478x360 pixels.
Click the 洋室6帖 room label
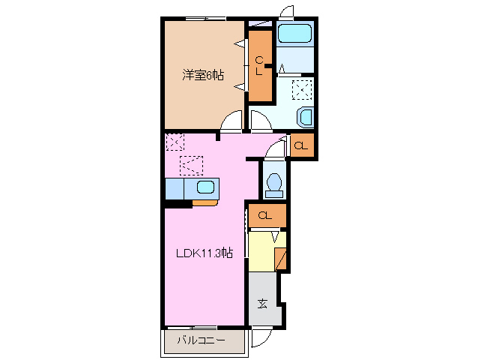[x=203, y=75]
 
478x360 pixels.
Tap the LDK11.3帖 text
[x=204, y=253]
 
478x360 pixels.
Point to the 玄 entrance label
[x=263, y=304]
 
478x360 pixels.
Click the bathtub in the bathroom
[x=294, y=33]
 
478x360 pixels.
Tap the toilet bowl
[x=274, y=182]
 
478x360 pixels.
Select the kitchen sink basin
[x=205, y=187]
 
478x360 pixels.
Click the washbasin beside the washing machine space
[x=306, y=117]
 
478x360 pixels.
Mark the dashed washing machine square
[x=303, y=90]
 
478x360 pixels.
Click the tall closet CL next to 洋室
[x=260, y=66]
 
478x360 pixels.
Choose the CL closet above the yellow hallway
[x=266, y=216]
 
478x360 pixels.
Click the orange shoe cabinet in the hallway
[x=280, y=257]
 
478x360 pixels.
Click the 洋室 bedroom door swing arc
[x=234, y=120]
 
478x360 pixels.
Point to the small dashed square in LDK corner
[x=175, y=142]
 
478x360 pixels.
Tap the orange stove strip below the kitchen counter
[x=205, y=202]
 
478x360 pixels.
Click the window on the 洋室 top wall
[x=205, y=17]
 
